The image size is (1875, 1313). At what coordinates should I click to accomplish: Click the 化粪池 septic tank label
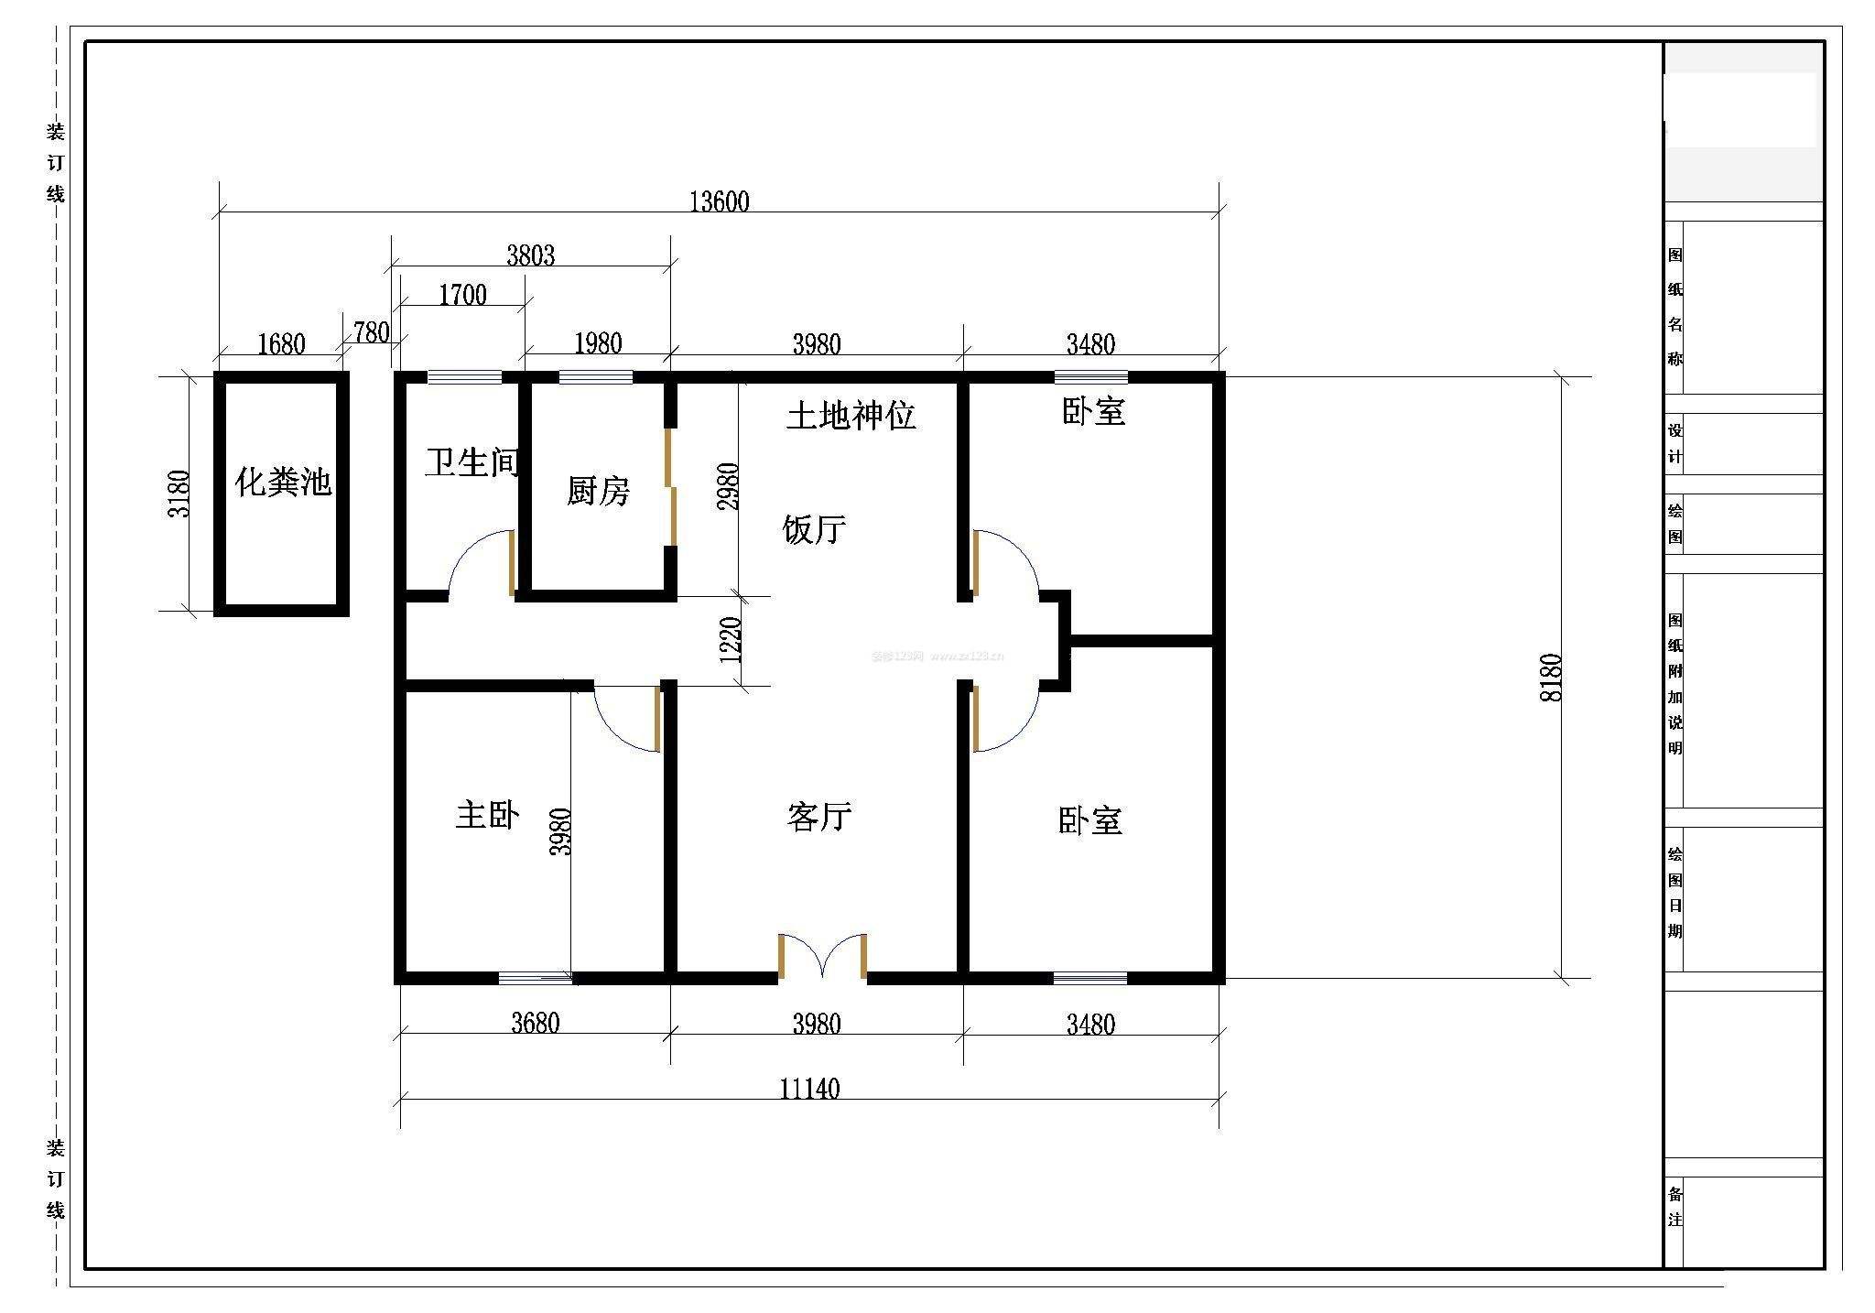(x=282, y=482)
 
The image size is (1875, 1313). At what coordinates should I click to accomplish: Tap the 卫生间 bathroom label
(x=471, y=462)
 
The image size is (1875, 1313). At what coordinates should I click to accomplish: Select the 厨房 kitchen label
(x=598, y=492)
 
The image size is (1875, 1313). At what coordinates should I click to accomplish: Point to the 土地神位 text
(x=851, y=416)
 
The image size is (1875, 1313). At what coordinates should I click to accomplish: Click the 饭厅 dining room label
(x=814, y=529)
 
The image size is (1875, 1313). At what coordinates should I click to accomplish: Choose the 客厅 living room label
(x=818, y=816)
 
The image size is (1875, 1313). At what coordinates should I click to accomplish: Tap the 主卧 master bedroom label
(x=487, y=814)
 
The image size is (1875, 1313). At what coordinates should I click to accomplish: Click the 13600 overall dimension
(x=719, y=201)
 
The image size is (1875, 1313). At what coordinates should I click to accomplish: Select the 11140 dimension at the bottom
(x=809, y=1089)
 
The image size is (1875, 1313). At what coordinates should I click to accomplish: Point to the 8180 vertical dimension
(x=1551, y=678)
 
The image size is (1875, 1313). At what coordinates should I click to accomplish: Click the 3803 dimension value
(x=531, y=255)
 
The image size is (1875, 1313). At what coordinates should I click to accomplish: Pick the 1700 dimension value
(x=462, y=295)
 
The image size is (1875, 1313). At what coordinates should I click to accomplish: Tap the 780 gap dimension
(x=371, y=332)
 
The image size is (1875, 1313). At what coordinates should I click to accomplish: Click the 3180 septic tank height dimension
(x=179, y=494)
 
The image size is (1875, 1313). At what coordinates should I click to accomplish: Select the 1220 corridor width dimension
(x=731, y=640)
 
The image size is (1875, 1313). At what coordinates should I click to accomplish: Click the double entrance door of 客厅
(x=822, y=957)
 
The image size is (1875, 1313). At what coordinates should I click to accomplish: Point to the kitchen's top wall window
(x=595, y=376)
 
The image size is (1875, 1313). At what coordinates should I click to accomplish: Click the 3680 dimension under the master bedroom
(x=535, y=1023)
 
